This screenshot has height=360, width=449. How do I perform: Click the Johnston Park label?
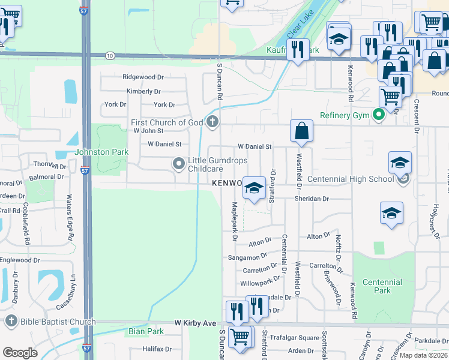click(101, 152)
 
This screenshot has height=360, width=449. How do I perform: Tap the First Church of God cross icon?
click(212, 122)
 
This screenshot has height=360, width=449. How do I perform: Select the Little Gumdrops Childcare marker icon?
click(178, 163)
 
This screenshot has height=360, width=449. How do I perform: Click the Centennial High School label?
click(351, 179)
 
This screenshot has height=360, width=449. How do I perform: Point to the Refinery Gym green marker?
click(378, 115)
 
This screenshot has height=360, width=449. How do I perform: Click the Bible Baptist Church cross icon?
click(11, 322)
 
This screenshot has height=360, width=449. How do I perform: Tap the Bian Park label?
click(146, 331)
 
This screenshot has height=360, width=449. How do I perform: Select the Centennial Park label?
click(382, 286)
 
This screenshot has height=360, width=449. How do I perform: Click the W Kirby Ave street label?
click(195, 323)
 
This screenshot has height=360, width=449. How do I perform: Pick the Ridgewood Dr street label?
click(143, 77)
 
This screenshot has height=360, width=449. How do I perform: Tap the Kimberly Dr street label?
click(143, 92)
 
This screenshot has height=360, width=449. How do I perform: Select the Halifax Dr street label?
click(157, 349)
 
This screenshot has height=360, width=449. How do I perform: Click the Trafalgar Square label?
click(294, 337)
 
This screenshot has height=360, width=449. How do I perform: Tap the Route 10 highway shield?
click(109, 56)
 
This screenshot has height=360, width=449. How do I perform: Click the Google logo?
click(20, 352)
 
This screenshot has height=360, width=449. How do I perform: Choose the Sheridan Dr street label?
click(312, 199)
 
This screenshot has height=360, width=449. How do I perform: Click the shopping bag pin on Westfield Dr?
click(301, 131)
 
